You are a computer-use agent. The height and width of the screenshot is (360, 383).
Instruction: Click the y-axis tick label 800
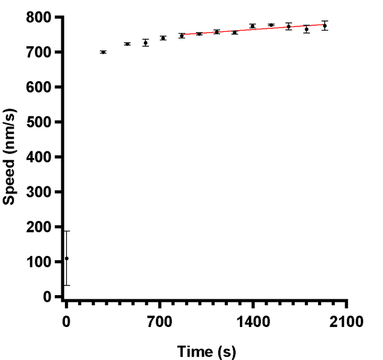[x=42, y=17]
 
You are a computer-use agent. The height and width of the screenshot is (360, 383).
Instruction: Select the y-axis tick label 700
[x=42, y=52]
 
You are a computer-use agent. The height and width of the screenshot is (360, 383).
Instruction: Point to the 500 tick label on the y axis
[x=42, y=122]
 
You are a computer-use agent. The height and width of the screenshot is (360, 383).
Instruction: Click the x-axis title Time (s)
[x=206, y=350]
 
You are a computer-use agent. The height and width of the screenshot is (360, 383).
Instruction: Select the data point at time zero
[x=67, y=258]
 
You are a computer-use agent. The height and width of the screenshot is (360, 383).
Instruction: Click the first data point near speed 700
[x=103, y=52]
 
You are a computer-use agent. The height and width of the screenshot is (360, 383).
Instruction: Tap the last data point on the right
[x=325, y=26]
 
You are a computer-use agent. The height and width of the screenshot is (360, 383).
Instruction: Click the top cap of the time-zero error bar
[x=67, y=231]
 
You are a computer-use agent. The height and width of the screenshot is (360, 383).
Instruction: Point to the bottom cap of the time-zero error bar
[x=67, y=285]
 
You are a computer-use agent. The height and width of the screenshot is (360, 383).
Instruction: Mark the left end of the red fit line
[x=181, y=35]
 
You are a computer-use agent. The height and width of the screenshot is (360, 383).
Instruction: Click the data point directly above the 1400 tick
[x=253, y=26]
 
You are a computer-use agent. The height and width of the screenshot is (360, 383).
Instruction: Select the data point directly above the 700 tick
[x=163, y=38]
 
